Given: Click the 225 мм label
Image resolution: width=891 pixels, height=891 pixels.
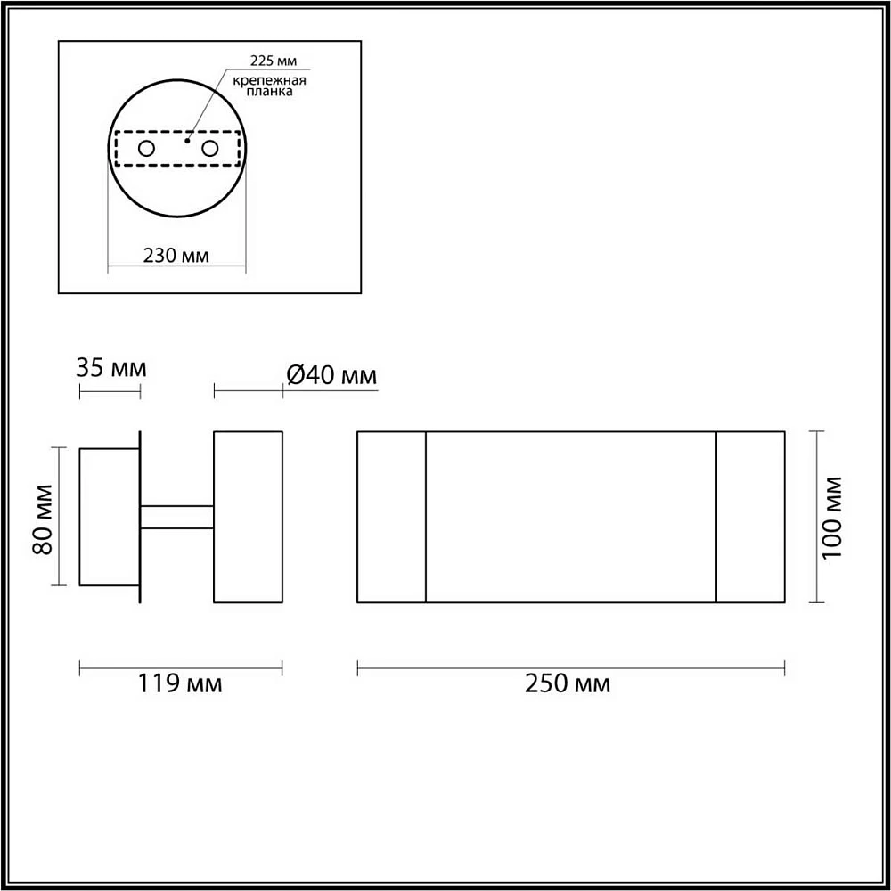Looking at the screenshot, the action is click(x=274, y=61).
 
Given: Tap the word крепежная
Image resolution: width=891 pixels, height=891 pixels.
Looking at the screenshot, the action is click(x=269, y=80).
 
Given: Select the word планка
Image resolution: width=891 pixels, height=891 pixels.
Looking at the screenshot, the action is click(x=270, y=91).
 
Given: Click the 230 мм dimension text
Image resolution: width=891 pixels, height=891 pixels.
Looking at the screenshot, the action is click(x=176, y=256).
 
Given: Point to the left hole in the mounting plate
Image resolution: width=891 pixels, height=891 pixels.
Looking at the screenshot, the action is click(x=146, y=149).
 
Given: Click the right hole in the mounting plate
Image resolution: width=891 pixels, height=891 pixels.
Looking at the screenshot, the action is click(x=209, y=149).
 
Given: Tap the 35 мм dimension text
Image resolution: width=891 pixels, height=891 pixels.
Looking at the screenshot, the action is click(x=110, y=368).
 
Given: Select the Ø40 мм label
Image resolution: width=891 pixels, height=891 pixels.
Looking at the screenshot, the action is click(x=331, y=375).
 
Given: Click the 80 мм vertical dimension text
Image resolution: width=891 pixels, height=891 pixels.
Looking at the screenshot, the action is click(x=43, y=519).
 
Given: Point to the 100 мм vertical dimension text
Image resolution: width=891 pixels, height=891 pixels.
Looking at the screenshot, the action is click(x=832, y=517).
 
